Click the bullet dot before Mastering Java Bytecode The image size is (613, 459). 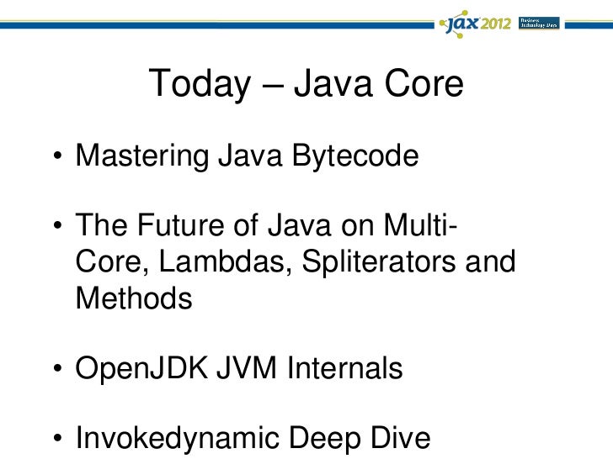click(x=55, y=158)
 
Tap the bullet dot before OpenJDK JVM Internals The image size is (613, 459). click(x=55, y=371)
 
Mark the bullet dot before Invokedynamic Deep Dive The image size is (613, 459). click(x=55, y=441)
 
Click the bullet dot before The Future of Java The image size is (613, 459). click(x=55, y=229)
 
